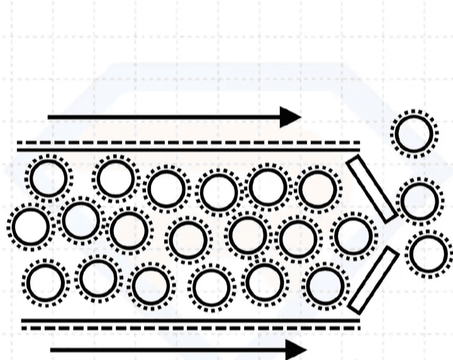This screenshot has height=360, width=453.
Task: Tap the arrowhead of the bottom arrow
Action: [294, 349]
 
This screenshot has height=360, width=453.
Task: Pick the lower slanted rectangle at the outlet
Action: [373, 279]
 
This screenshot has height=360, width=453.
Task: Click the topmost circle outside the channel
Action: [413, 133]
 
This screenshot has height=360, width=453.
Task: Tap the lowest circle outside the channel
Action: [429, 254]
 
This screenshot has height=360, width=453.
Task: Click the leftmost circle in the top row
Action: [48, 178]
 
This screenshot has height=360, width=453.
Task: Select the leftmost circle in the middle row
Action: [30, 227]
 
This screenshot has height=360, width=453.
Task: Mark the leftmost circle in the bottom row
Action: [46, 281]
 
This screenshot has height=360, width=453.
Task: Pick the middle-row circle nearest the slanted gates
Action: [354, 236]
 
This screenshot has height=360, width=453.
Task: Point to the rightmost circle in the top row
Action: [319, 188]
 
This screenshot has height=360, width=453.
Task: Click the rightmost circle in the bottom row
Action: [325, 285]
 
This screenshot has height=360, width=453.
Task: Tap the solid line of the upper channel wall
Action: [189, 150]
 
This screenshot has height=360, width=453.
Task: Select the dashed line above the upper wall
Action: [189, 143]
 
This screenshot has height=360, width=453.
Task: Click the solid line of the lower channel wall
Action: [189, 320]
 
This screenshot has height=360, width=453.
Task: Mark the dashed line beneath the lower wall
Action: [189, 328]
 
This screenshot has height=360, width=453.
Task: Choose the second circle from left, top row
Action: [115, 178]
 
